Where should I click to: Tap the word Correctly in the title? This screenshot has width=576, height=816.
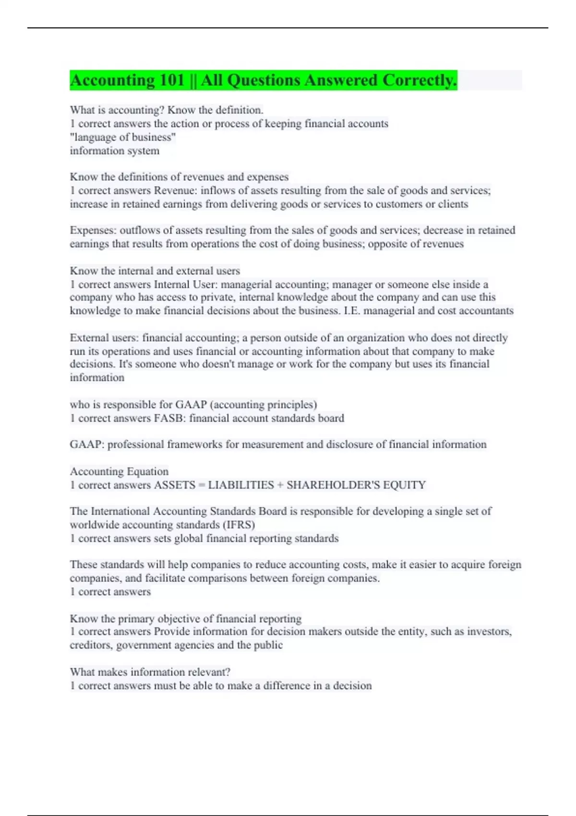click(420, 80)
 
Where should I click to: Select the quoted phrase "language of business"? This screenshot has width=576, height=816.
click(123, 137)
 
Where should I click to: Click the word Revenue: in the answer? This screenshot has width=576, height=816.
click(175, 191)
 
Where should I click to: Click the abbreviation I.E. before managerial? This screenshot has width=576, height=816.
click(352, 311)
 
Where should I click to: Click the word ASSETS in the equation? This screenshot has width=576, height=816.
click(174, 485)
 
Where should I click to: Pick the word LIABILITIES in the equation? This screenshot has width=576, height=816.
click(241, 485)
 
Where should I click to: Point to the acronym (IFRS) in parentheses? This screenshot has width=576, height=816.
click(239, 525)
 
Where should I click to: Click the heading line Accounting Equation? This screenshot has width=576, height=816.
click(119, 471)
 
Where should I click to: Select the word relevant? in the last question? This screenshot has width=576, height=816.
click(207, 672)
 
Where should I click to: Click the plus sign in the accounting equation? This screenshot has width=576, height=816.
click(280, 485)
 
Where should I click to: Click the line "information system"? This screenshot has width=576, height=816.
click(115, 151)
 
